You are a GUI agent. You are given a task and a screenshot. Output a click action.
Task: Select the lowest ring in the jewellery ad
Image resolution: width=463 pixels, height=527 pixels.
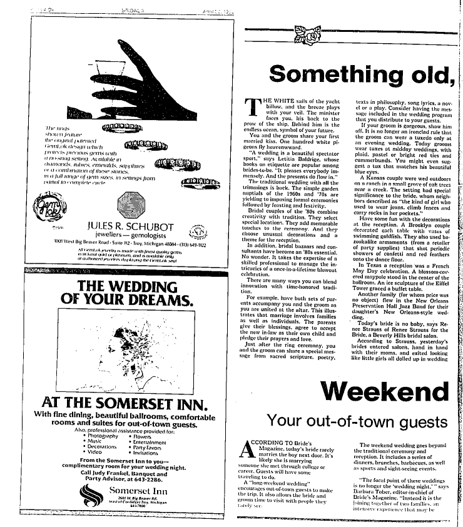[196, 183]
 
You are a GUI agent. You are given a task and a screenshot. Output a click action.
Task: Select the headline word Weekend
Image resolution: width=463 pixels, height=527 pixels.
[385, 392]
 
